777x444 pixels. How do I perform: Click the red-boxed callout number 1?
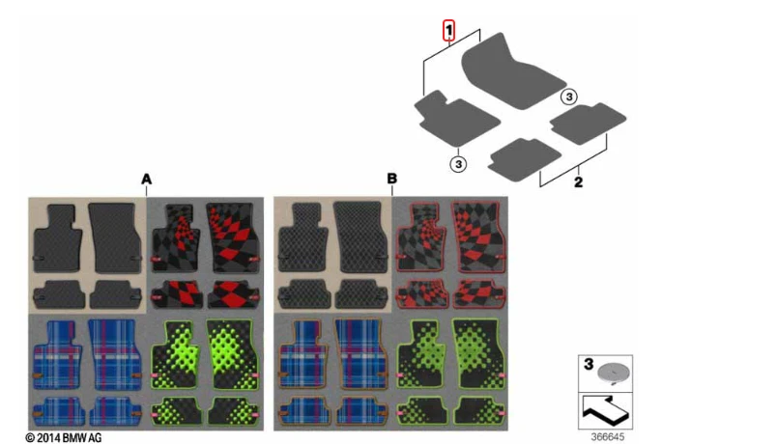(448, 31)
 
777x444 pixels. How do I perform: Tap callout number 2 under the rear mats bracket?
(578, 182)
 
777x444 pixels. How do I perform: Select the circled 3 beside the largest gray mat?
(569, 97)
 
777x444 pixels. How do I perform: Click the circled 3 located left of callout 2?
(458, 164)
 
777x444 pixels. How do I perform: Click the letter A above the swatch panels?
(146, 179)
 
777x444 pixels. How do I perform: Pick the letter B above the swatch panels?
(391, 179)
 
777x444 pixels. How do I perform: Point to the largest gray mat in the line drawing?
(511, 70)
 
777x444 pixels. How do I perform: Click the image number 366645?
(608, 437)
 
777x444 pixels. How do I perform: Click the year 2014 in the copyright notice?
(48, 438)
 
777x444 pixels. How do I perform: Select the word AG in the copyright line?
(96, 438)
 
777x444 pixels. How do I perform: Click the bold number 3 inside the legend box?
(589, 364)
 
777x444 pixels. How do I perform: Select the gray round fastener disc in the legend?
(614, 373)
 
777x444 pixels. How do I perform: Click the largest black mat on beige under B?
(360, 237)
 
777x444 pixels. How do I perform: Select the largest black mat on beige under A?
(115, 237)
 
